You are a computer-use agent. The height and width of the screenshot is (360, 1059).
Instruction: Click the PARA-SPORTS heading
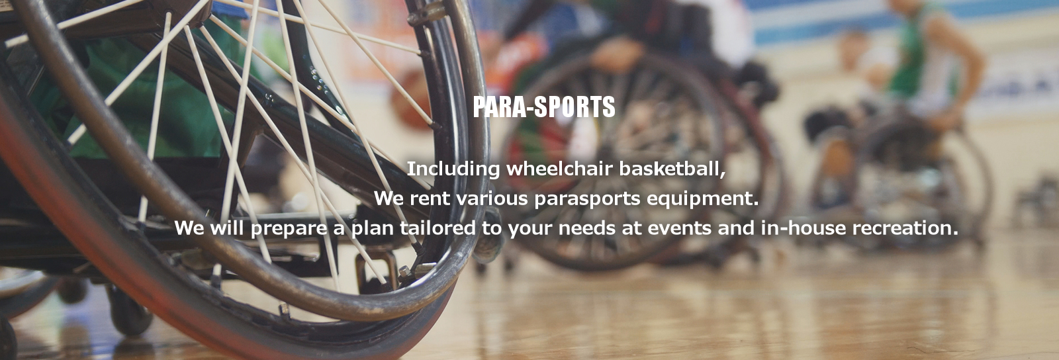544,107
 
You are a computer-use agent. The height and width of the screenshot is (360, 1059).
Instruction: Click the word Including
453,169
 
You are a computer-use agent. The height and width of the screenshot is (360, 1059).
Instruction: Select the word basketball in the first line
672,169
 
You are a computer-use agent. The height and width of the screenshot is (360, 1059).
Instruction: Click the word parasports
586,199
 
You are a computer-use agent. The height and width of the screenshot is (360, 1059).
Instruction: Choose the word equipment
702,199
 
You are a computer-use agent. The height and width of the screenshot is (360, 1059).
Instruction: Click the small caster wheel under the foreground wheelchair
129,311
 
